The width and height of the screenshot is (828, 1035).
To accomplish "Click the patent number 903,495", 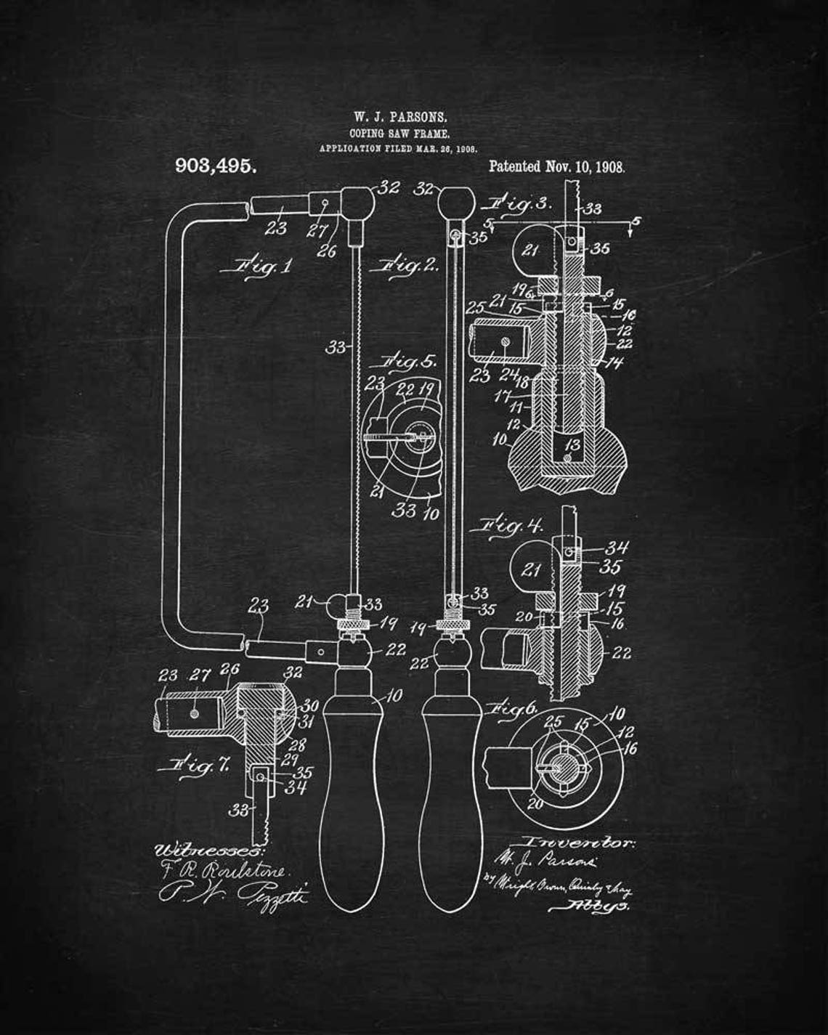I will coord(216,166).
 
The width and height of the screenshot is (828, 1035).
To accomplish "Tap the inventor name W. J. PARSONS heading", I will coord(400,116).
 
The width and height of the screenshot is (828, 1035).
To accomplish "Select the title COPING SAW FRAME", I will coord(399,134).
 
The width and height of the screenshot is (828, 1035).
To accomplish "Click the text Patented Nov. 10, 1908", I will coord(556,166).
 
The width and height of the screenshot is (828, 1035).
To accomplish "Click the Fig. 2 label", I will coord(405,265).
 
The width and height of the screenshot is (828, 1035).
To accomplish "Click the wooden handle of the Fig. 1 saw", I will coord(352,792).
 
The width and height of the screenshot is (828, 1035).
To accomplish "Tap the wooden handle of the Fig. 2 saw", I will coord(452,792).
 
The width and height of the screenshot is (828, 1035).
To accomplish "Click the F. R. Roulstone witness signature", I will coord(225,870).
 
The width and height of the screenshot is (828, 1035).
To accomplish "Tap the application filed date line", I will coord(399,148).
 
